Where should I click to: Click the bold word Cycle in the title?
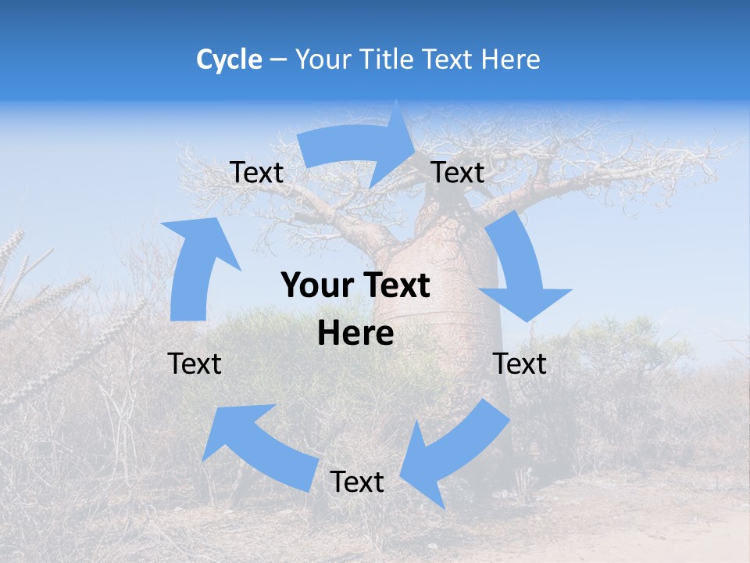(229, 59)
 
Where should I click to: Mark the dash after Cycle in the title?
(277, 60)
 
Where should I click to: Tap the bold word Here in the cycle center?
(355, 333)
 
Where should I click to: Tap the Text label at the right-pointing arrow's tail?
(257, 172)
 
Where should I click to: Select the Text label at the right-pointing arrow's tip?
(458, 172)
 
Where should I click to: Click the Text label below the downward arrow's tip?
(520, 364)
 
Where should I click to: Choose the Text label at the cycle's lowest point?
(357, 482)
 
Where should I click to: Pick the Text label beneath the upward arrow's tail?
(195, 364)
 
